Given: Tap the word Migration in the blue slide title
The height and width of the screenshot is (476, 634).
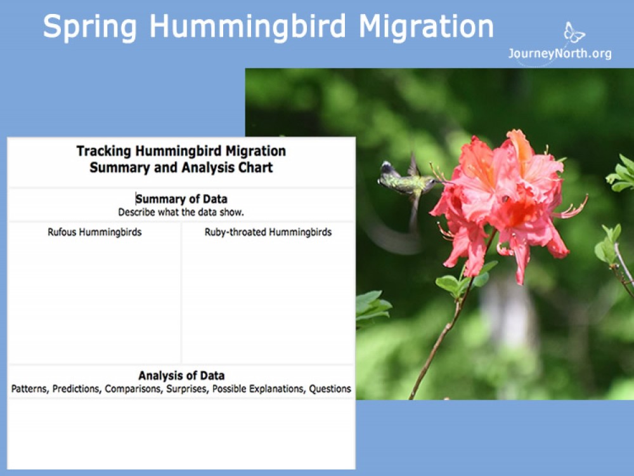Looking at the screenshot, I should (425, 27).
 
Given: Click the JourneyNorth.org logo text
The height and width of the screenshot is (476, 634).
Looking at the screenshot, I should (560, 54).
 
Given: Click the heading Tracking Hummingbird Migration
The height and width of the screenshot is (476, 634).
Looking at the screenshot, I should (181, 151).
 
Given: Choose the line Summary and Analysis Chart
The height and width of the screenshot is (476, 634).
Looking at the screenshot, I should (181, 168).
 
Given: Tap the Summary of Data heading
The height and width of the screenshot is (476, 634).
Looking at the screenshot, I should (181, 199).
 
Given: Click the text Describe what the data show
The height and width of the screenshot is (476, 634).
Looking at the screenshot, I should (181, 212).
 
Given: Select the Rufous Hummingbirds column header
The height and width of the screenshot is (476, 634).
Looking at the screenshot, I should (94, 232).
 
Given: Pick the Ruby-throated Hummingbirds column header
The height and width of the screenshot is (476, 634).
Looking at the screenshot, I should (268, 232).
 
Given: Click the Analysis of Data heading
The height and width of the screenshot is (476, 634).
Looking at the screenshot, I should (181, 376).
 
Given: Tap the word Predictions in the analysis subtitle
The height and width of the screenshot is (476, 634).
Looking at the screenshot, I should (77, 389).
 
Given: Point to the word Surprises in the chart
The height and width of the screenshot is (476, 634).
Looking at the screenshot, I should (187, 389).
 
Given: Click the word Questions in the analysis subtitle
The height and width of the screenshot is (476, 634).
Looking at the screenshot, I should (330, 389).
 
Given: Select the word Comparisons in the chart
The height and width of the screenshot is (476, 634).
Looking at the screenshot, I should (134, 389).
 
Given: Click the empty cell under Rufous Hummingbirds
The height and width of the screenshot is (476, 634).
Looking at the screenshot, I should (94, 298).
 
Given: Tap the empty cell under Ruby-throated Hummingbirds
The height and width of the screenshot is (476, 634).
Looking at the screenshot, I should (268, 298).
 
